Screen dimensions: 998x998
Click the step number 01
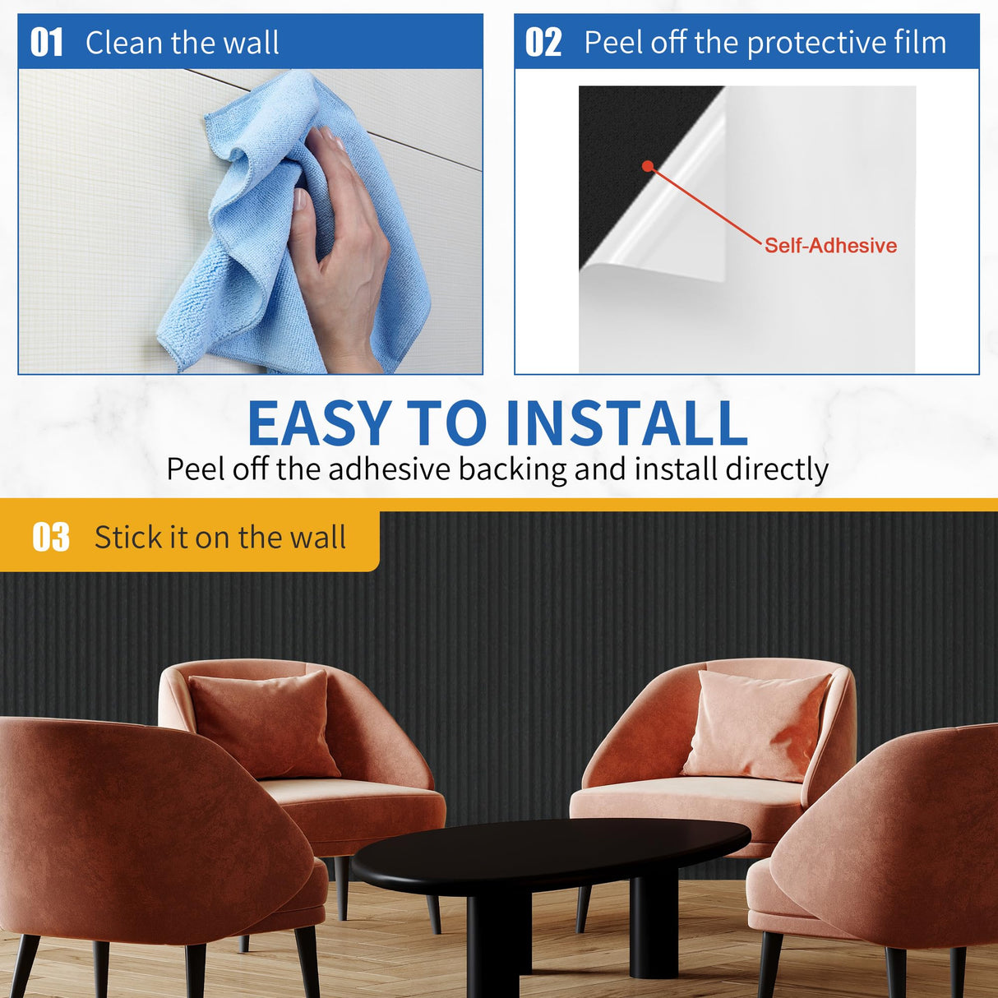[x=46, y=43]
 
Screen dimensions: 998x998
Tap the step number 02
[x=543, y=43]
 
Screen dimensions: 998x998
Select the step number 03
[x=51, y=538]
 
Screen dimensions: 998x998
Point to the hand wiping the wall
[x=341, y=238]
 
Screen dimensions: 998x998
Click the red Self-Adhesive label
[x=830, y=246]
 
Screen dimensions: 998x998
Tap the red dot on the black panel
[x=648, y=166]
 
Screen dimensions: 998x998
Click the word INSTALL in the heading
[x=626, y=423]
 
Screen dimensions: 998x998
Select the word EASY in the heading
[x=320, y=423]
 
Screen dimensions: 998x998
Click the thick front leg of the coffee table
[x=493, y=945]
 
